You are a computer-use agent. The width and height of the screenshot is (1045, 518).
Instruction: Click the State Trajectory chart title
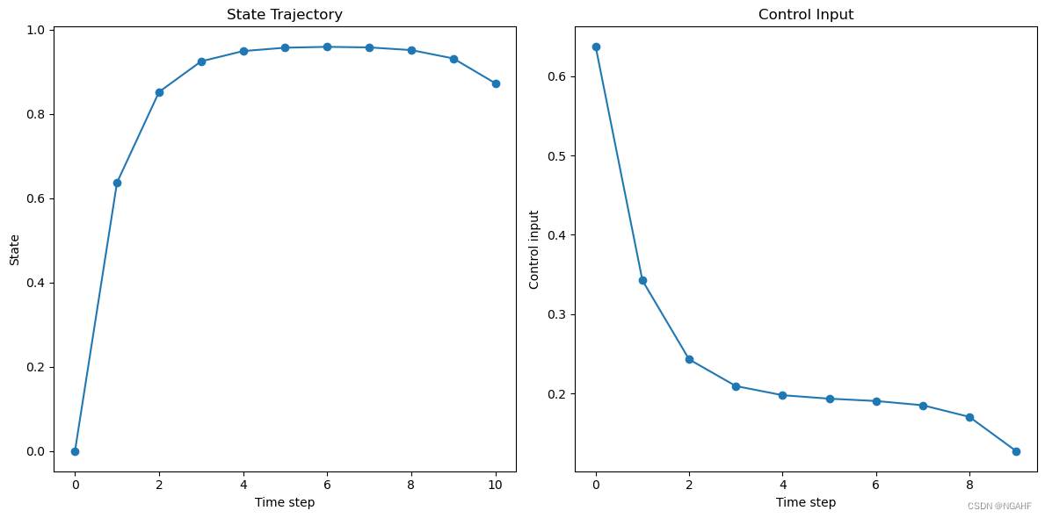285,15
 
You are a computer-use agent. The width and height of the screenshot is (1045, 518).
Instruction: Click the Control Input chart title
806,15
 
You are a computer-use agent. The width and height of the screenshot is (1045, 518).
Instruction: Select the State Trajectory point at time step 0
75,451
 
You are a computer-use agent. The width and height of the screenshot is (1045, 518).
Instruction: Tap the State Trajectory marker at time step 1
117,183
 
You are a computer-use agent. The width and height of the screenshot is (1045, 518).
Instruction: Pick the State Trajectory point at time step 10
496,84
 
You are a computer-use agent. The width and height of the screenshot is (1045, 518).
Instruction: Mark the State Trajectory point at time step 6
327,47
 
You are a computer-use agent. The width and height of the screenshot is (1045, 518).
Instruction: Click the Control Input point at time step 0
596,47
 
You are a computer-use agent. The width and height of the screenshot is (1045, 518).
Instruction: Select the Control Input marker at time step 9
1016,451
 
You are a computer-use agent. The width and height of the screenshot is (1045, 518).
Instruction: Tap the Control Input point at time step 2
689,360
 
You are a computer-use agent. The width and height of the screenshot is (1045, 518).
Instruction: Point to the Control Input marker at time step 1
642,280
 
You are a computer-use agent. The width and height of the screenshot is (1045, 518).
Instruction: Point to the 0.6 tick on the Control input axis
558,77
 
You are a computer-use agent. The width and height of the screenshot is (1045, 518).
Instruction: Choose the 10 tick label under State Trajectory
496,485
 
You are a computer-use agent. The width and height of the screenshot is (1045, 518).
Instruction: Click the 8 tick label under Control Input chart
969,485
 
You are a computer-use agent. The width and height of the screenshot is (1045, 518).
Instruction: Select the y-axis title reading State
15,249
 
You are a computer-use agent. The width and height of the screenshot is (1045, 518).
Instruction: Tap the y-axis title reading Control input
533,249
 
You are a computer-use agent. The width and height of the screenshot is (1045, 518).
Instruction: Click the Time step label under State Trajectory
285,503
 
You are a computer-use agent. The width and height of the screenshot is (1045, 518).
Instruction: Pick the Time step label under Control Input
806,503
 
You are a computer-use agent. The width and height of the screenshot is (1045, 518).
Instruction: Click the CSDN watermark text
999,507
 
